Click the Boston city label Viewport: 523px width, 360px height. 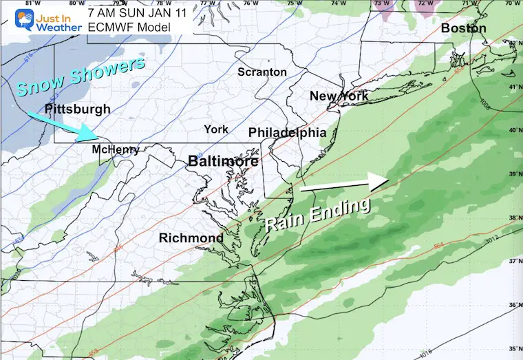[463, 29]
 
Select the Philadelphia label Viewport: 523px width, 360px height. [287, 132]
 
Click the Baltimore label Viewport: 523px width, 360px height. [224, 161]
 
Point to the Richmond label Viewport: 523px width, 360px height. [191, 238]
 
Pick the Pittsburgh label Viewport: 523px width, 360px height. [77, 109]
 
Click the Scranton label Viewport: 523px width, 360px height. [262, 72]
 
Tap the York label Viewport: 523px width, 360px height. [215, 129]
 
